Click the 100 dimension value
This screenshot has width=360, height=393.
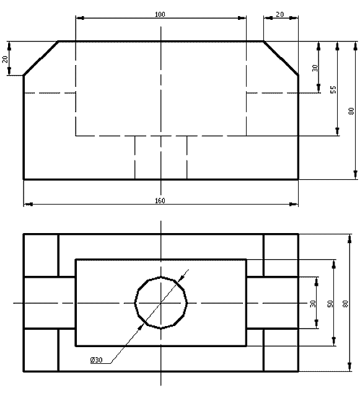(160, 14)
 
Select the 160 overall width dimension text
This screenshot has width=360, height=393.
(160, 200)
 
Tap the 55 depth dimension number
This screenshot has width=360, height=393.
(333, 89)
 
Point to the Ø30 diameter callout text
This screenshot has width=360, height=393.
(97, 360)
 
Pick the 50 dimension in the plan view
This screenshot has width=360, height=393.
(330, 304)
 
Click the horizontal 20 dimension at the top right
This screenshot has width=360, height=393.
(280, 14)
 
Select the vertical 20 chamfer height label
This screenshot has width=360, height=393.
(5, 59)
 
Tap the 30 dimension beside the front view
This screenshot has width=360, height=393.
(315, 68)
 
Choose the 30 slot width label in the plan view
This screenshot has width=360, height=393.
(313, 304)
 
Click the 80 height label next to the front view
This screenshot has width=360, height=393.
(351, 111)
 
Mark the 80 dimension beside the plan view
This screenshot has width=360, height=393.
(346, 304)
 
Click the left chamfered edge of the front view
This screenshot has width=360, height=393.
(41, 58)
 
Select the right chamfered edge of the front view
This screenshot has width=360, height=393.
(281, 58)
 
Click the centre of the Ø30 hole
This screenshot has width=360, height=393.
(161, 303)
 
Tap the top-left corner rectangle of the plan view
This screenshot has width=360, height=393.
(41, 255)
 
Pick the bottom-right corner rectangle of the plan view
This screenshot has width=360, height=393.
(281, 350)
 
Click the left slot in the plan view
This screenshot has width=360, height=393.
(50, 302)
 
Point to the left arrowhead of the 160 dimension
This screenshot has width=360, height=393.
(29, 205)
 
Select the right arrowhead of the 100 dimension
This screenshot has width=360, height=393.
(242, 18)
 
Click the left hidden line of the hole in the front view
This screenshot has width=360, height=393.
(135, 157)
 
